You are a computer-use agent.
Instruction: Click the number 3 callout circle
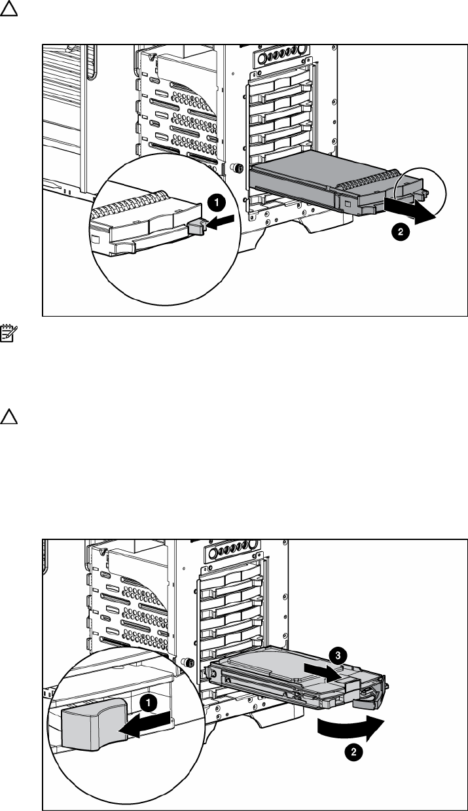tap(337, 656)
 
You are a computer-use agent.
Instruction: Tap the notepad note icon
tap(9, 333)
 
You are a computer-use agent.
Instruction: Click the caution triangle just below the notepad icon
tap(9, 416)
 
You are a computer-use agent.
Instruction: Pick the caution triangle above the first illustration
tap(9, 9)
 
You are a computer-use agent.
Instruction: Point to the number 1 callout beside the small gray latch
tap(217, 202)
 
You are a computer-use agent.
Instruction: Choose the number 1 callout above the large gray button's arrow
tap(149, 703)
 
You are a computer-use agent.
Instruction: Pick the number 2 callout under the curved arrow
tap(353, 752)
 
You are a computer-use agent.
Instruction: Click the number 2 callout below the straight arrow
tap(401, 232)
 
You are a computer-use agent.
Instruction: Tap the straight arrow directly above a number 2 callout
tap(410, 212)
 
